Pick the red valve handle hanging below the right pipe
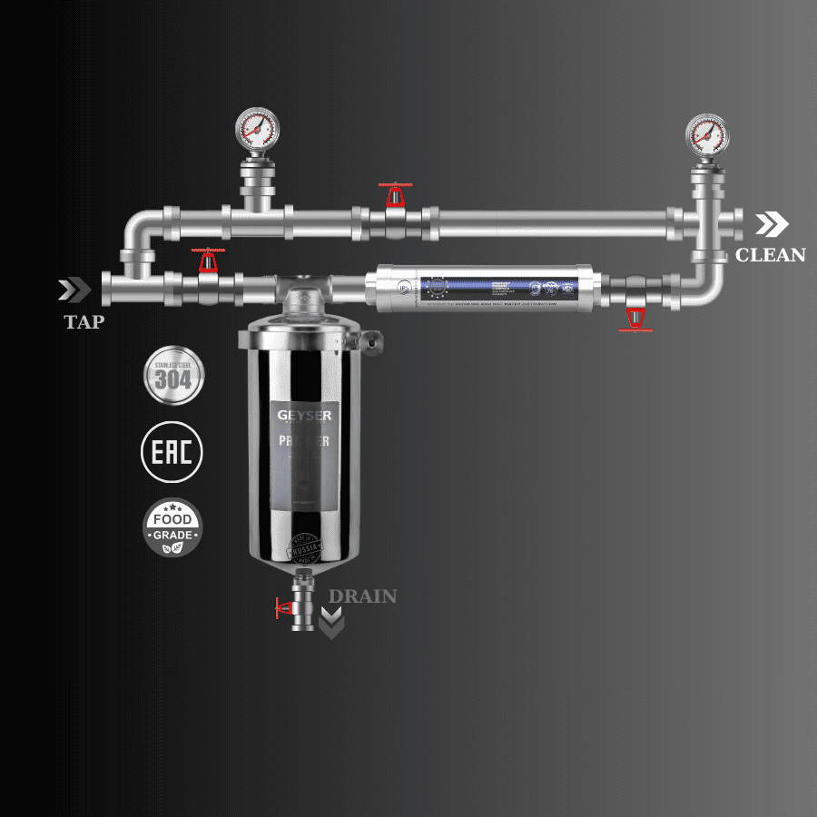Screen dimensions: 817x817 (x=635, y=320)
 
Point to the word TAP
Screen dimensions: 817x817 (x=83, y=321)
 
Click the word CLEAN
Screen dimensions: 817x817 (x=770, y=255)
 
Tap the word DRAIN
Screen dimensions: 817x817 (x=362, y=596)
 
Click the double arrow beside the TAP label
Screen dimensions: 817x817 (x=74, y=290)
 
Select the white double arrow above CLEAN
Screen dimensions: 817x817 (x=773, y=224)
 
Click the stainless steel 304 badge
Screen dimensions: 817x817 (x=173, y=375)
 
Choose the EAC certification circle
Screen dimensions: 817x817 (x=172, y=451)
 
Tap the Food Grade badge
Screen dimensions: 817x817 (x=172, y=527)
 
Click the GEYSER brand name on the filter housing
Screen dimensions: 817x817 (x=305, y=416)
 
